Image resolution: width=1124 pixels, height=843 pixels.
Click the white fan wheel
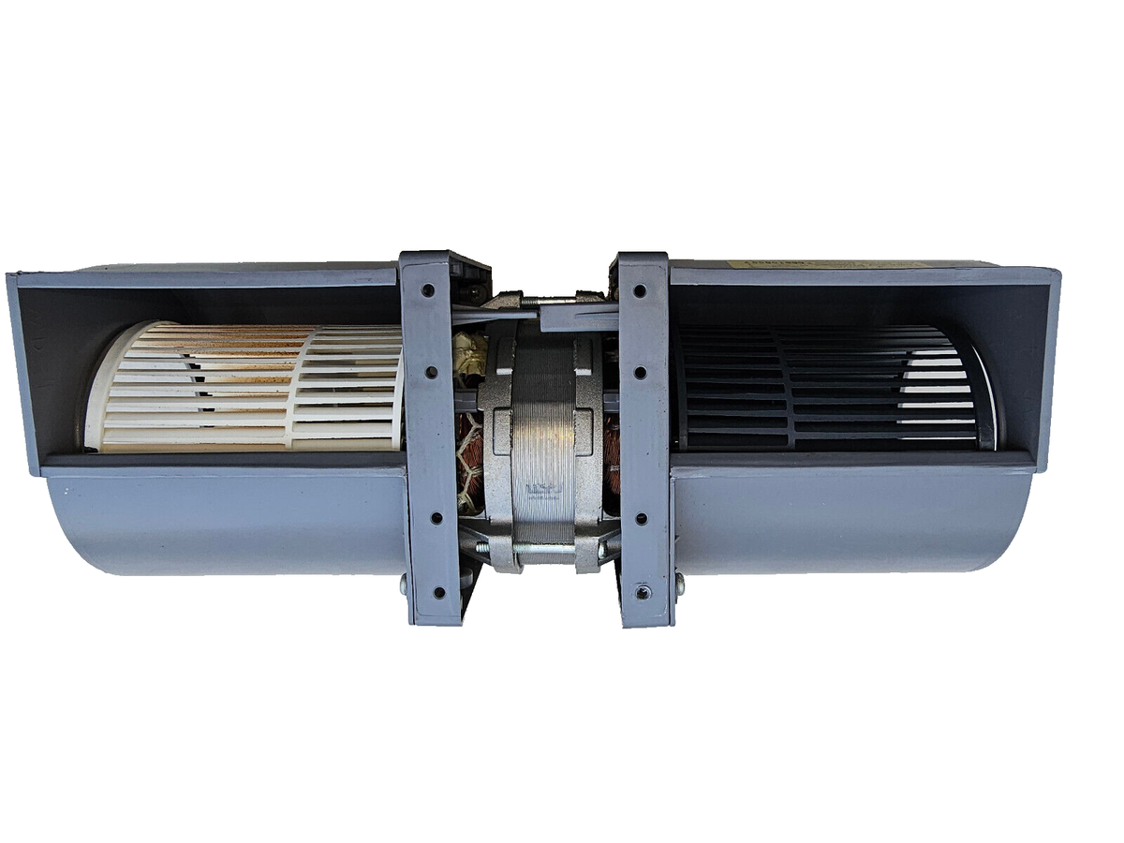[244, 386]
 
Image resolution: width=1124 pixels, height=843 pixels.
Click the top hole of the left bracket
[427, 290]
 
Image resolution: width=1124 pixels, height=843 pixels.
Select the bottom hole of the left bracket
[438, 592]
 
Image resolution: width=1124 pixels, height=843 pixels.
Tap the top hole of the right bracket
[640, 290]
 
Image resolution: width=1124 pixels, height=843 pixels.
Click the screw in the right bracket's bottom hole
[643, 592]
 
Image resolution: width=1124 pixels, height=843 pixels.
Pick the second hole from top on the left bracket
[431, 372]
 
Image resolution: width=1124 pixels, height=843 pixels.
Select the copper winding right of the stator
[613, 450]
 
